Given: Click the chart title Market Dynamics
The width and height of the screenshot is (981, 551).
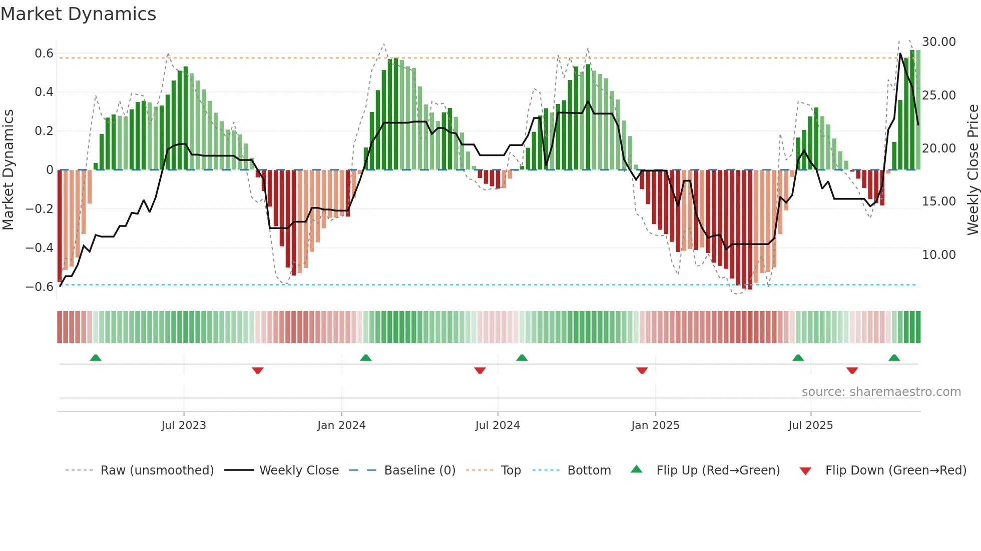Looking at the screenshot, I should [x=78, y=14].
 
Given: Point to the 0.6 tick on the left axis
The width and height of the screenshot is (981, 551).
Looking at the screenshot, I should [x=44, y=53].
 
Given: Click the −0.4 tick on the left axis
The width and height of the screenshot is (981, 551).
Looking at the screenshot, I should [x=40, y=247].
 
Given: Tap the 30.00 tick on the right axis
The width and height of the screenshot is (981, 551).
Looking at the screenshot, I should [x=939, y=42].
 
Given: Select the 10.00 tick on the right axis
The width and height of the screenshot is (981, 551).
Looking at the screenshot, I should [x=939, y=255].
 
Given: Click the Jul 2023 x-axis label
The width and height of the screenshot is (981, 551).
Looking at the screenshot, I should [x=184, y=425].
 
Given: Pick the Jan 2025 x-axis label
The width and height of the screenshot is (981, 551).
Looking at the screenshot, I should [x=655, y=425].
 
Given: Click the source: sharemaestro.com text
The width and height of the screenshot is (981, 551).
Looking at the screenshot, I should [x=881, y=392].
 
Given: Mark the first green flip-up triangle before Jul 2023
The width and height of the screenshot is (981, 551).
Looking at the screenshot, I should [x=96, y=357].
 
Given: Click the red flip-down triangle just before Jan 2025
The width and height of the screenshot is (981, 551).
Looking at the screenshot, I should [x=642, y=370].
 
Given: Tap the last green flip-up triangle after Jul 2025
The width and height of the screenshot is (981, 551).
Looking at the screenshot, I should [x=894, y=357].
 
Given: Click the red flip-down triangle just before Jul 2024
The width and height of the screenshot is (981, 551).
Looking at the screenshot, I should [x=479, y=370].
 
